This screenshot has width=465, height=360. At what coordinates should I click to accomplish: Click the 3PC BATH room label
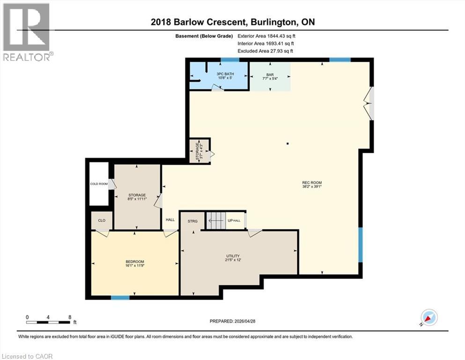pyautogui.click(x=225, y=74)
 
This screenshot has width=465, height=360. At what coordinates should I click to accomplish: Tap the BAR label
pyautogui.click(x=270, y=75)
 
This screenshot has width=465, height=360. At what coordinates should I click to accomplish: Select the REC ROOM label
pyautogui.click(x=312, y=182)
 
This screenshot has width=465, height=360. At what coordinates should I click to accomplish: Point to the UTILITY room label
pyautogui.click(x=233, y=256)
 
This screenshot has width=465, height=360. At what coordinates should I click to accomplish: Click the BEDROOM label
pyautogui.click(x=135, y=262)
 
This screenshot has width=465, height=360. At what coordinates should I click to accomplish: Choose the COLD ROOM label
pyautogui.click(x=99, y=184)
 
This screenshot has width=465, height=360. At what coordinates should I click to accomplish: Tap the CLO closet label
pyautogui.click(x=102, y=220)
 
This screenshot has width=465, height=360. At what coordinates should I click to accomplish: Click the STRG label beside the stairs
pyautogui.click(x=192, y=221)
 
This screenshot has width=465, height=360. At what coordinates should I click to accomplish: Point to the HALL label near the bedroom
pyautogui.click(x=170, y=220)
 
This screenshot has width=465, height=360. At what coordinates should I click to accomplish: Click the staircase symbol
pyautogui.click(x=216, y=220)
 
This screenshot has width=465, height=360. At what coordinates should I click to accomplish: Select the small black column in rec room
pyautogui.click(x=288, y=143)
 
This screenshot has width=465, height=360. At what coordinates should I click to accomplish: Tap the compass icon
pyautogui.click(x=429, y=317)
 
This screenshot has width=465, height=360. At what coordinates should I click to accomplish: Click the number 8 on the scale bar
pyautogui.click(x=70, y=317)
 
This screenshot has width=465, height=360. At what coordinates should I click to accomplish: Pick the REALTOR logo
pyautogui.click(x=27, y=32)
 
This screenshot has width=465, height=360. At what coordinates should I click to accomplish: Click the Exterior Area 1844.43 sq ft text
pyautogui.click(x=266, y=36)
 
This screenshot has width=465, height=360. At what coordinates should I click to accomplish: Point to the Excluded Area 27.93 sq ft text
pyautogui.click(x=265, y=51)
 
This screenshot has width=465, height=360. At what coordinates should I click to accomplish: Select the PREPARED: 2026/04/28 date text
pyautogui.click(x=232, y=321)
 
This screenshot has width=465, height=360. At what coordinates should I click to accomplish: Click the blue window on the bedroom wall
pyautogui.click(x=120, y=298)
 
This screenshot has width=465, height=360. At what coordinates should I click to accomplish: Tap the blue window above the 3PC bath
pyautogui.click(x=230, y=60)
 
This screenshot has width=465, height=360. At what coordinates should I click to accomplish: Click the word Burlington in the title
pyautogui.click(x=274, y=22)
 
